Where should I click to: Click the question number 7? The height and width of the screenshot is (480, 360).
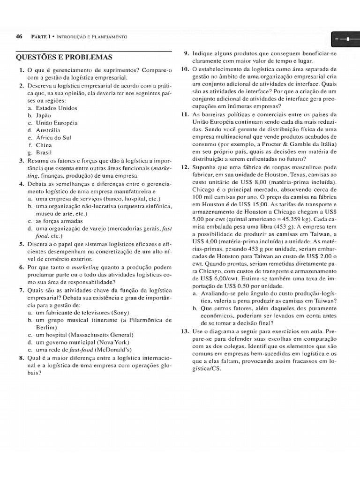pos(21,290)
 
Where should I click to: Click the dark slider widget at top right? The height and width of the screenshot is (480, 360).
pos(344,39)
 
